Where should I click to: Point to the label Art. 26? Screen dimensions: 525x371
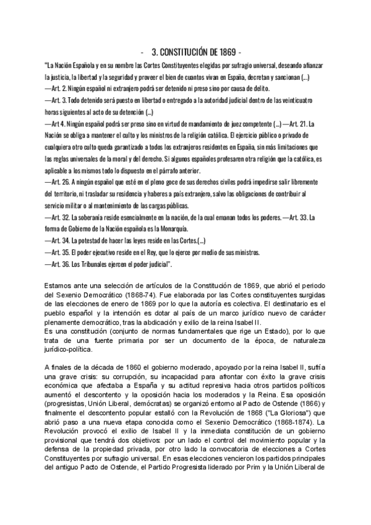coord(61,183)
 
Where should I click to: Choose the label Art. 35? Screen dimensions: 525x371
coord(61,253)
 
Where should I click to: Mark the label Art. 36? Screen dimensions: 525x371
coord(61,264)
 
